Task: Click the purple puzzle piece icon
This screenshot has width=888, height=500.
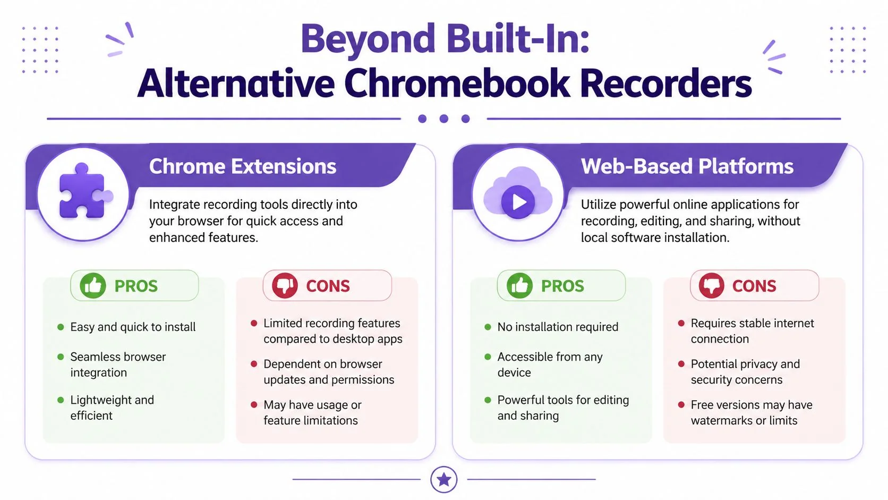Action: [83, 191]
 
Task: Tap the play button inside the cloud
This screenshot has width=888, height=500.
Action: [518, 202]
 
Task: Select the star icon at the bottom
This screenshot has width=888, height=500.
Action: [443, 479]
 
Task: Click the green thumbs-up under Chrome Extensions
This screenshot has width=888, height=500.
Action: [93, 285]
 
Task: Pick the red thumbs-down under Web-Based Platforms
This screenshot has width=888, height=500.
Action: [711, 285]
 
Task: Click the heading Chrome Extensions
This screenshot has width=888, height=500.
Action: [243, 166]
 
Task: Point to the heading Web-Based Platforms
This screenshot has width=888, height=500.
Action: [687, 166]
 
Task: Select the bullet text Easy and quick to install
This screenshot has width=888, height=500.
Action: [133, 327]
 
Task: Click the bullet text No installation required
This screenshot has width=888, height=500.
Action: [558, 327]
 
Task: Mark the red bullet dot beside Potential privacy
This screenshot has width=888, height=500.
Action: [681, 363]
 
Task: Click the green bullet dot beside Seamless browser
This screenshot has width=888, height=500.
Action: [61, 357]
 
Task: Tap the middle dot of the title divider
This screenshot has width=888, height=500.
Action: [444, 118]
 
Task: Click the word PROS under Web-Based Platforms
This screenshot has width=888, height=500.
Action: [562, 286]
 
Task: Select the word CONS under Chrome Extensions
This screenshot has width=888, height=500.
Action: [328, 286]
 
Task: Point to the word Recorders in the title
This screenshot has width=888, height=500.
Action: [665, 83]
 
